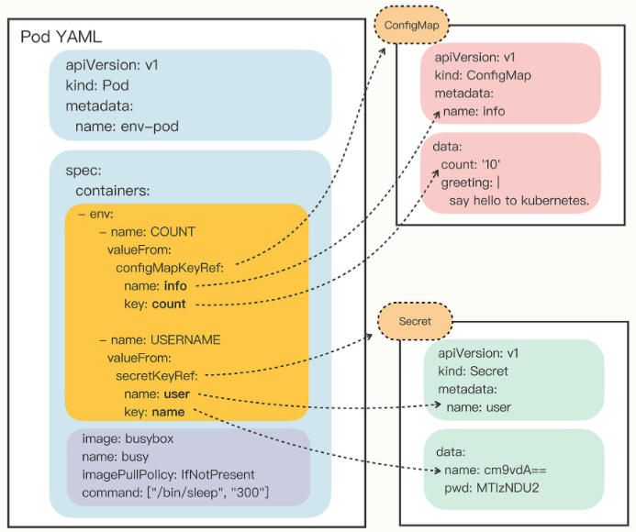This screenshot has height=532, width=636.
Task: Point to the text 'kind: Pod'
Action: pos(96,85)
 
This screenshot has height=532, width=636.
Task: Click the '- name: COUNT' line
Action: pos(147,231)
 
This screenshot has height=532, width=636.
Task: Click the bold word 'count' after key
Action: pos(168,304)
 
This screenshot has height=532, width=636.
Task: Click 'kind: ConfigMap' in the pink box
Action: pos(484,75)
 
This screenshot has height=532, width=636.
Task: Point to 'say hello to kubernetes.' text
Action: pos(519,199)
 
